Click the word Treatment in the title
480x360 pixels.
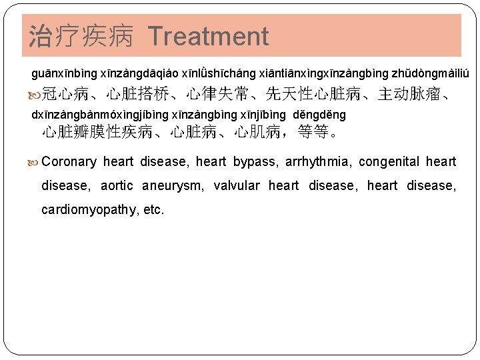click(x=209, y=36)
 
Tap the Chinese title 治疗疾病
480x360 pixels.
click(x=81, y=36)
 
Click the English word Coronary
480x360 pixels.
click(x=69, y=161)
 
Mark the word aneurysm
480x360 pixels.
click(x=172, y=185)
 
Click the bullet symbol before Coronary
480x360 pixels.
click(x=35, y=161)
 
